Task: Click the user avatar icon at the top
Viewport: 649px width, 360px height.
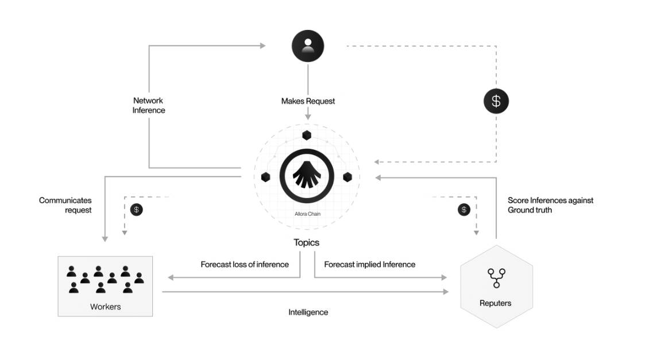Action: (x=308, y=46)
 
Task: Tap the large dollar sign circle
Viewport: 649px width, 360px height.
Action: (x=496, y=102)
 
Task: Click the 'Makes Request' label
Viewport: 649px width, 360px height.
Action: (x=308, y=101)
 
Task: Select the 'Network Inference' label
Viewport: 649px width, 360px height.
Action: (x=149, y=105)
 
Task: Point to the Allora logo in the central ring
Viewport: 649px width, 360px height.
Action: (x=307, y=176)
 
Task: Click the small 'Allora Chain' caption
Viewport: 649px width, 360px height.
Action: (x=307, y=214)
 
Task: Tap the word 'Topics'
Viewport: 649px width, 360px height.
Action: (x=307, y=242)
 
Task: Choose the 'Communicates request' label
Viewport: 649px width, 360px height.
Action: (x=65, y=205)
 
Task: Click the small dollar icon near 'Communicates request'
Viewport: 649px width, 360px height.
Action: (x=137, y=210)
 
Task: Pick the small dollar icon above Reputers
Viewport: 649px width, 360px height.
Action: (x=464, y=210)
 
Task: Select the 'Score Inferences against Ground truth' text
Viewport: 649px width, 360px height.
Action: (x=550, y=205)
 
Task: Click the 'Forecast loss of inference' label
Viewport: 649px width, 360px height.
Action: (x=245, y=265)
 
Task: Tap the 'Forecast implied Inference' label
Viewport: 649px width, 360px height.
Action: (x=370, y=265)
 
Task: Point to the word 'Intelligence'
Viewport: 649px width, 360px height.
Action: (x=308, y=312)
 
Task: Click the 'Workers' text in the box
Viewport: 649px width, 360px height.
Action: (x=106, y=307)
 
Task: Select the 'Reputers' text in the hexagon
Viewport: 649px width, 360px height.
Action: (x=495, y=303)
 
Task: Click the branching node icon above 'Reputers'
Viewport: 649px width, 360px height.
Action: (x=496, y=277)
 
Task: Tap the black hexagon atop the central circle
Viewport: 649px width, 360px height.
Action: (x=307, y=136)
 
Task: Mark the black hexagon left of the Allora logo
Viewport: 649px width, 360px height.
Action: (x=266, y=177)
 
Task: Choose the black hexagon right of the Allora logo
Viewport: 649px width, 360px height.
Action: (x=347, y=177)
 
